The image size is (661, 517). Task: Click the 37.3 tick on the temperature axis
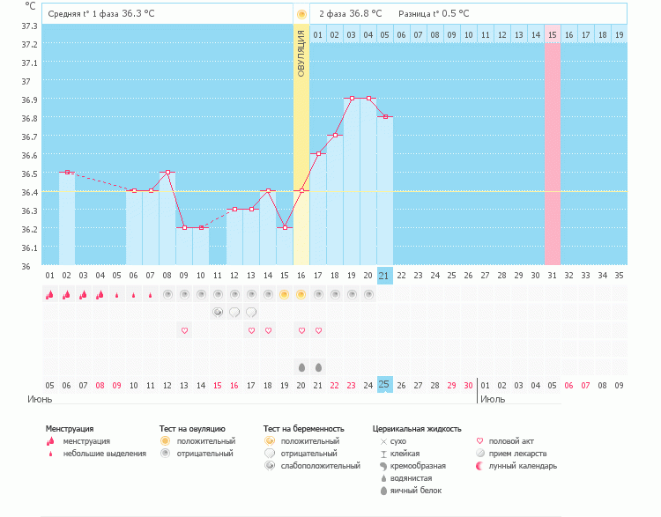[x=29, y=26]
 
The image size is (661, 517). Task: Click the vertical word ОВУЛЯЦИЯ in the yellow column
[x=301, y=52]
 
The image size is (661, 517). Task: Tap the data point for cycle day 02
[x=67, y=173]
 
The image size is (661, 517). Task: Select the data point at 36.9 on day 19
[x=352, y=99]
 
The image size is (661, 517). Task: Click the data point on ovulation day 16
[x=301, y=191]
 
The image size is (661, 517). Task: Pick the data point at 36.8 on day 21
[x=385, y=117]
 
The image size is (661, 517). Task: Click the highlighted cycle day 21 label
[x=384, y=275]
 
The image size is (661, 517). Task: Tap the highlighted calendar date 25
[x=384, y=384]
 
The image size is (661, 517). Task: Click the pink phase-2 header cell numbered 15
[x=552, y=34]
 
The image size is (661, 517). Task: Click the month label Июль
[x=494, y=399]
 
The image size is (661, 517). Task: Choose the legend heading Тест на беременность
[x=301, y=428]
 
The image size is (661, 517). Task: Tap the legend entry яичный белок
[x=410, y=490]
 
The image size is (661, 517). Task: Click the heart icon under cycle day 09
[x=184, y=330]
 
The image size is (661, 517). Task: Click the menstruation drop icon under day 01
[x=50, y=295]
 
